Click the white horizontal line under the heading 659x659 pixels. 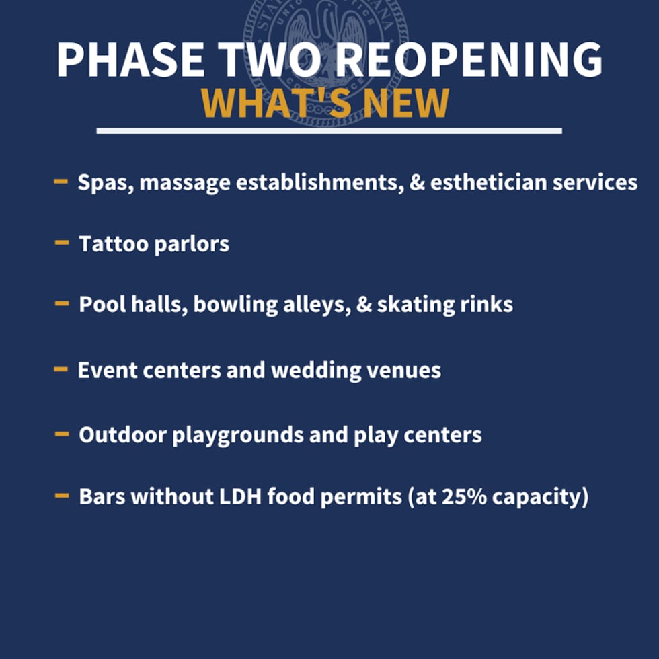[x=329, y=130]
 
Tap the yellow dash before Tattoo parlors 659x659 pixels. [x=62, y=242]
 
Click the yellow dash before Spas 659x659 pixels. [x=61, y=181]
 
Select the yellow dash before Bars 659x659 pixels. [x=62, y=496]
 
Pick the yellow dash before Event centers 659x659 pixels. [x=61, y=369]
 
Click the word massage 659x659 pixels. [x=176, y=183]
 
